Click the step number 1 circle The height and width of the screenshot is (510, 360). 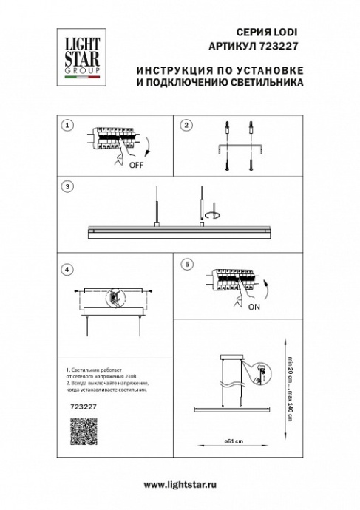point(67,126)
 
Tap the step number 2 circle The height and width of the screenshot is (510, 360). point(186,126)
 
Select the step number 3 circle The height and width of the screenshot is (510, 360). point(67,186)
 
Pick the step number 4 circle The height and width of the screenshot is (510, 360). point(67,270)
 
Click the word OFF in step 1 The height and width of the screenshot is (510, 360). point(135,165)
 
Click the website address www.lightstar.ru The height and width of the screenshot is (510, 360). point(180,483)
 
